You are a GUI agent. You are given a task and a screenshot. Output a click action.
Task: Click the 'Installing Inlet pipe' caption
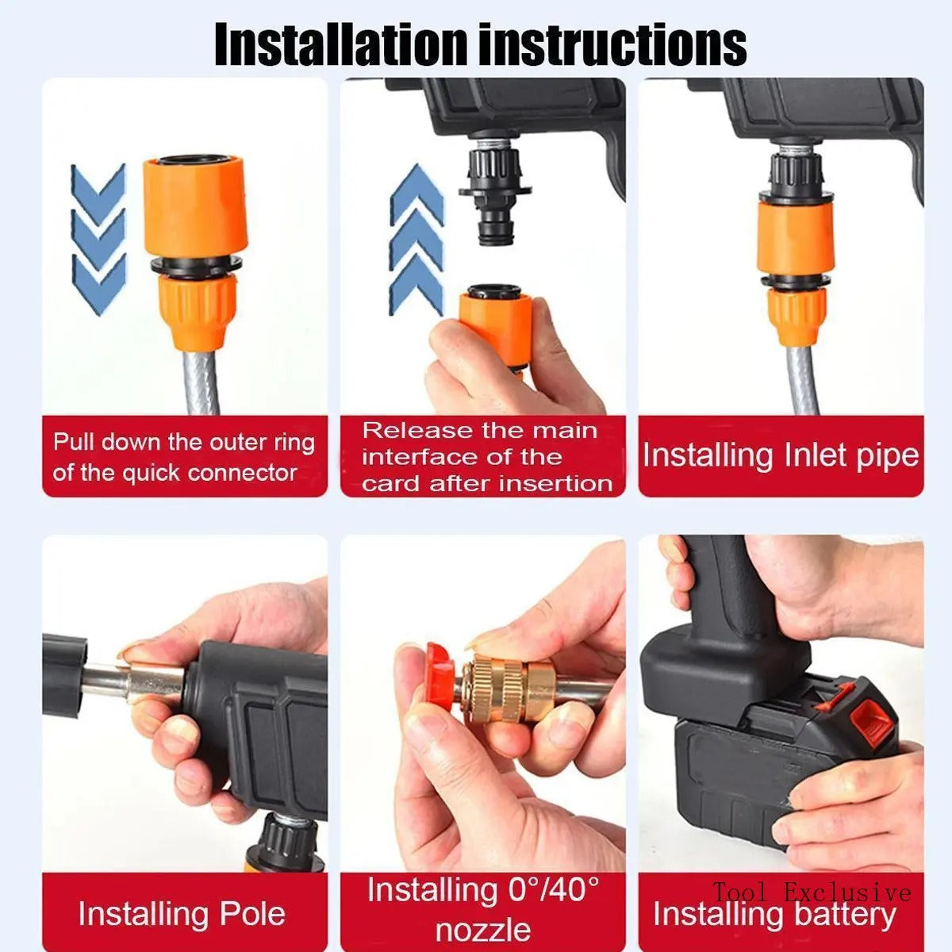coord(781,455)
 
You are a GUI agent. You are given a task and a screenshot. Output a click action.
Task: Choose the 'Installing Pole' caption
coord(182,913)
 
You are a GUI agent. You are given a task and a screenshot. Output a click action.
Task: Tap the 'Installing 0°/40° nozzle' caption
coord(483,908)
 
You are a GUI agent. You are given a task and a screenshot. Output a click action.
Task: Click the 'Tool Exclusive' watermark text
coord(811,892)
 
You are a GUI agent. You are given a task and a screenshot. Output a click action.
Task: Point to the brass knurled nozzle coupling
coord(503,686)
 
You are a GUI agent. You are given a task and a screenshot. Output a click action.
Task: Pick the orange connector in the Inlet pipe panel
coord(794,238)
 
